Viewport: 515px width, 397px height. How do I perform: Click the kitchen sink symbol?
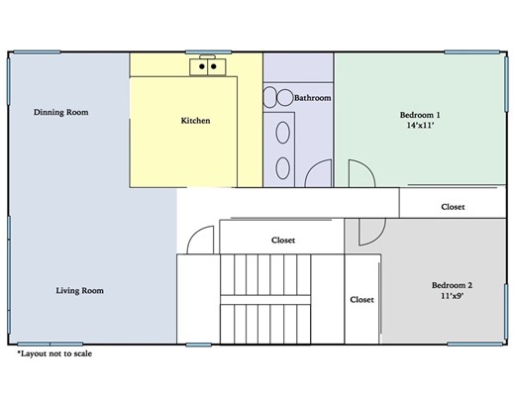[208, 66]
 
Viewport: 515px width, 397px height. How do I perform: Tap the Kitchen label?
[195, 121]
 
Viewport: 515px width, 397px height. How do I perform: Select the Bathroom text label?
[312, 98]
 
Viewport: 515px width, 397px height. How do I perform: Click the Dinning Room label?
[60, 112]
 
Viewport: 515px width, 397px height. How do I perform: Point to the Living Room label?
[79, 290]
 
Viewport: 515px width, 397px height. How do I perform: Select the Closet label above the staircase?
[282, 240]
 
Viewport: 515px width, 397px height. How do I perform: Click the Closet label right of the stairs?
[361, 299]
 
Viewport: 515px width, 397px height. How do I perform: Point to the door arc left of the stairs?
[201, 240]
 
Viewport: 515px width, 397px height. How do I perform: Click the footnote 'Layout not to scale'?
[55, 352]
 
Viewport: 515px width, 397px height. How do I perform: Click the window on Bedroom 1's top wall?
[468, 52]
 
